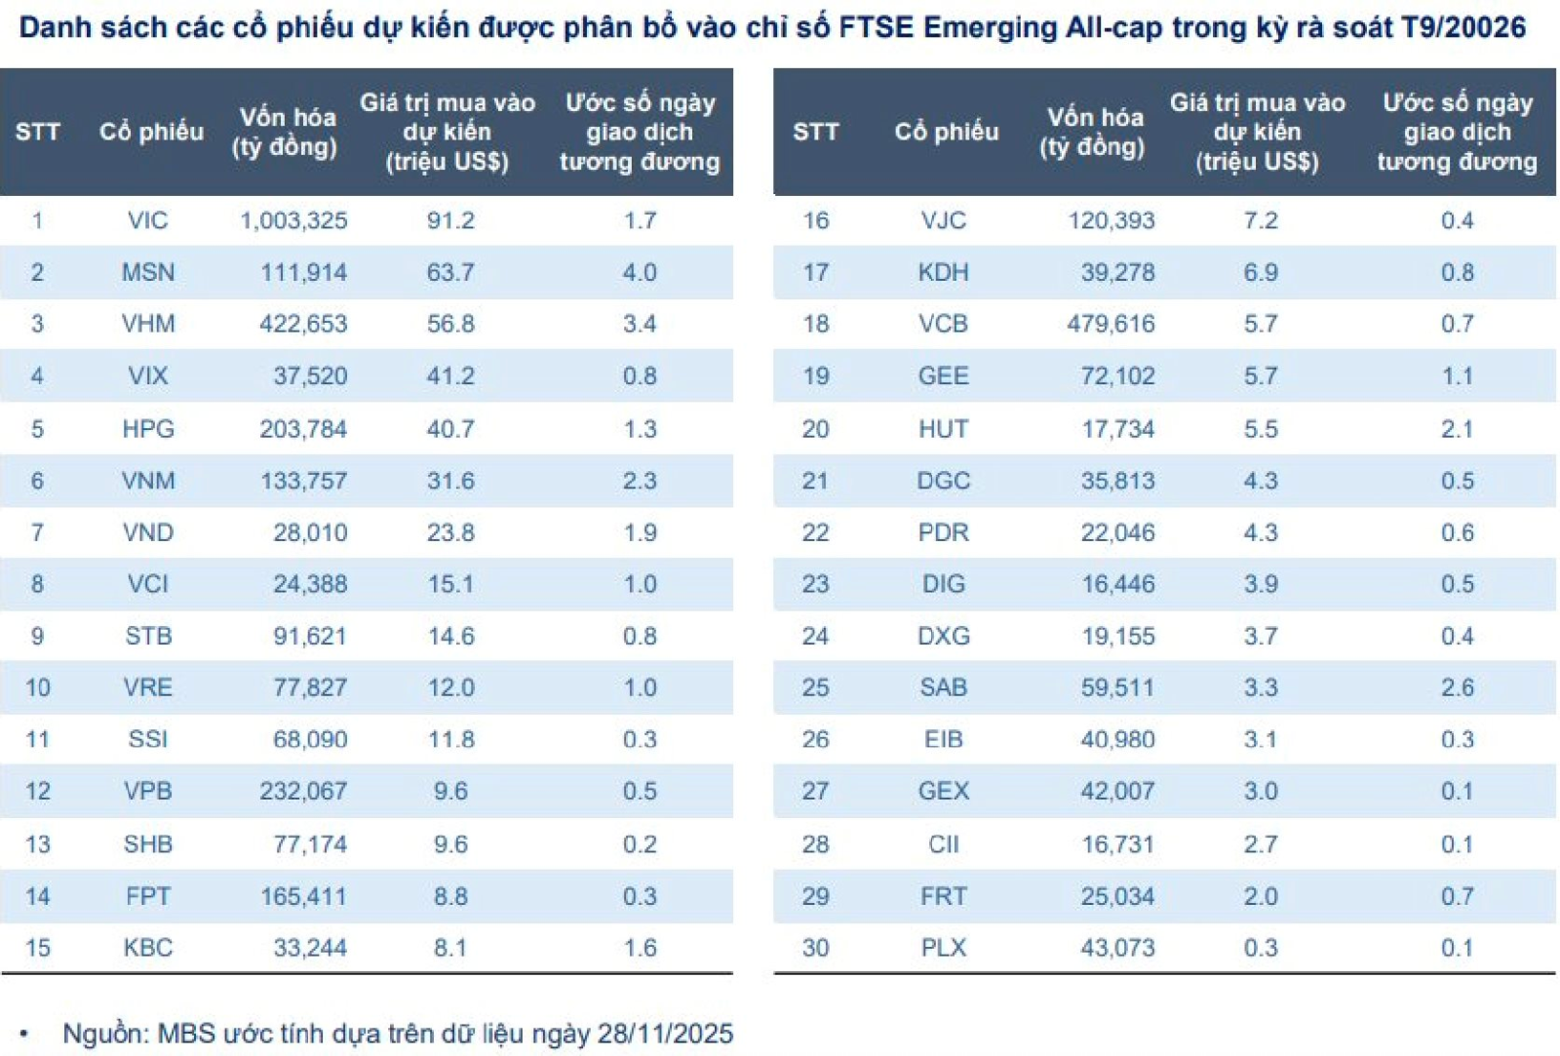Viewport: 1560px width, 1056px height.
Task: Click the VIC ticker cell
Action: click(147, 220)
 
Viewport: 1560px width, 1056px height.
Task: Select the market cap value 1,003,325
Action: click(293, 220)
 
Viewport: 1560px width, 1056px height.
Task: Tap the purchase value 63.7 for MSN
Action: click(450, 272)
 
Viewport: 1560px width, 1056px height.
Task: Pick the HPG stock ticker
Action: click(147, 429)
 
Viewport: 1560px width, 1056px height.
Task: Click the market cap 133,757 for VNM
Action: click(303, 481)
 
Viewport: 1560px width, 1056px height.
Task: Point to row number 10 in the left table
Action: click(37, 687)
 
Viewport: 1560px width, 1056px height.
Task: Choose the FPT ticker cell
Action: click(147, 896)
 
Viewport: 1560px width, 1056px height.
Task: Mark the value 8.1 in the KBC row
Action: click(450, 948)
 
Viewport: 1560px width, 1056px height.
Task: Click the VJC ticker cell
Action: click(943, 220)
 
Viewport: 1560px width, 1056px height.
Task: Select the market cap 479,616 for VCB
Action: click(1111, 324)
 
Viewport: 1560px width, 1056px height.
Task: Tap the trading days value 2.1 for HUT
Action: click(1457, 429)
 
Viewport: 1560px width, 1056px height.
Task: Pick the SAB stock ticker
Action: click(943, 687)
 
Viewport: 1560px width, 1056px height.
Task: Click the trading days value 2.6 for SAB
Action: click(1457, 687)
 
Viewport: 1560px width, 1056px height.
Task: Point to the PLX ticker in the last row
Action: click(943, 948)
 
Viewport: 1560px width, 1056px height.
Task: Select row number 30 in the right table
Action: click(815, 948)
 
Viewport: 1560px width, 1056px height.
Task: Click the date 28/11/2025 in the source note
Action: click(665, 1034)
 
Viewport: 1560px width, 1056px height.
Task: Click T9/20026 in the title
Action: click(1463, 27)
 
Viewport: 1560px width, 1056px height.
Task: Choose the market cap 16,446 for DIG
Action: click(1117, 584)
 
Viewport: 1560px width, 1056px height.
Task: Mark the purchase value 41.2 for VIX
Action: click(450, 376)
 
